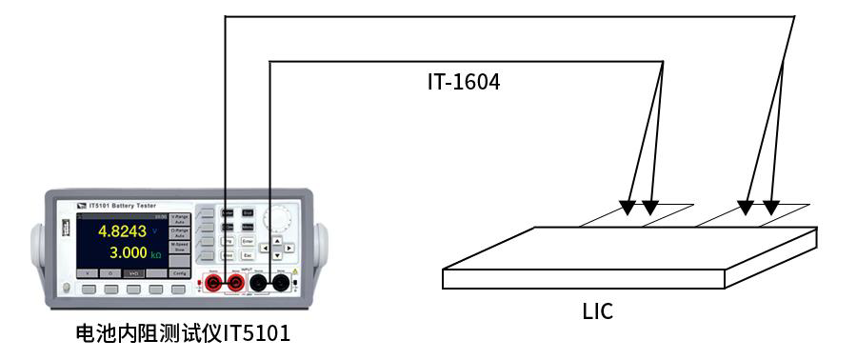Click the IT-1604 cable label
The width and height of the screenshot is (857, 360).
click(464, 83)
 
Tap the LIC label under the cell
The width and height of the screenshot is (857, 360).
click(597, 310)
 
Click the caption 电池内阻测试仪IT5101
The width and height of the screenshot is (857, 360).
click(183, 334)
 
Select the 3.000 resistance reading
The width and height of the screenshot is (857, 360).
click(127, 252)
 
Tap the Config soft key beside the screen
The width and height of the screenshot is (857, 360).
click(179, 272)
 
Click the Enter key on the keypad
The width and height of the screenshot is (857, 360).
click(247, 242)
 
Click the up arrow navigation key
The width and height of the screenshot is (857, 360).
click(277, 242)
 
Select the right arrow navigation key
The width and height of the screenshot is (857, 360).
click(289, 250)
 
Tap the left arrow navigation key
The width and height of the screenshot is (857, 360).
click(266, 250)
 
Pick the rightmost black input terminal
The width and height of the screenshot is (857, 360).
click(282, 282)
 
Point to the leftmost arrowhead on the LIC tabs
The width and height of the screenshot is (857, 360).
click(628, 207)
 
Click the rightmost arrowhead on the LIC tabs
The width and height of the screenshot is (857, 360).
click(771, 207)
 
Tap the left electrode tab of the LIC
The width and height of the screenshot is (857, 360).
click(638, 216)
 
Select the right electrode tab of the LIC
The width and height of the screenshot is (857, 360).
click(757, 216)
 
